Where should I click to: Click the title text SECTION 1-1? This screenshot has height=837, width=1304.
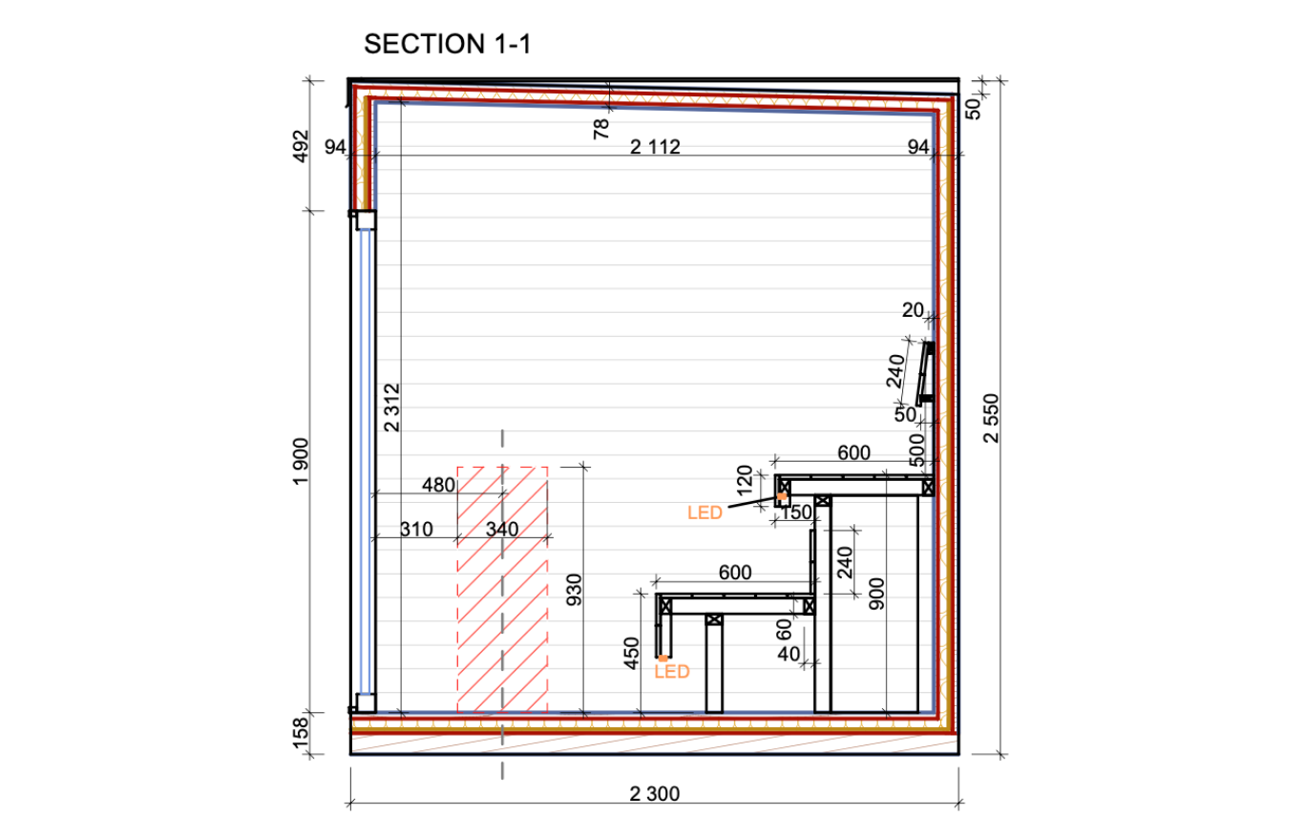coord(447,44)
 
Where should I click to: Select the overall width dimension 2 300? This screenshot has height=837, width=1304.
coord(654,794)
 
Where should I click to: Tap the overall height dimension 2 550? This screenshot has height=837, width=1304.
coord(991,418)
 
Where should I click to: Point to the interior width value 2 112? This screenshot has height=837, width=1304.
coord(655,147)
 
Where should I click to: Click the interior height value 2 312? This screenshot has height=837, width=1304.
coord(393,408)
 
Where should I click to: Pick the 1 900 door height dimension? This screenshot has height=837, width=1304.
coord(301,462)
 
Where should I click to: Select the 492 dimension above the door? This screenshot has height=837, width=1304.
coord(301,146)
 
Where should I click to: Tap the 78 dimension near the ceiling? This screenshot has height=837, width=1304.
coord(600,129)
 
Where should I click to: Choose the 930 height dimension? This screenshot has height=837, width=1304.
coord(574,590)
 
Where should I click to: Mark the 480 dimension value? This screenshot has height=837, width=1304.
coord(438,485)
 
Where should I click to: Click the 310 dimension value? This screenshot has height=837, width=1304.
coord(417,529)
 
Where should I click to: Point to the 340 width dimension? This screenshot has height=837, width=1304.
coord(502,529)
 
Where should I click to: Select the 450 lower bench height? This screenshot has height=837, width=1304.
coord(631,653)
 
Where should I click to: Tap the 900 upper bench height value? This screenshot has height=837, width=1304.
coord(876,594)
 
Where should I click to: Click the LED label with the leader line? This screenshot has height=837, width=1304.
coord(705,513)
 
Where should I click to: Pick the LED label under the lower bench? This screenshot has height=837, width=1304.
coord(672,672)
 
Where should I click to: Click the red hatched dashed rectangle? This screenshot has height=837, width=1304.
coord(502,590)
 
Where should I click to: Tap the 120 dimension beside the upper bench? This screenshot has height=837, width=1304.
coord(745,480)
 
